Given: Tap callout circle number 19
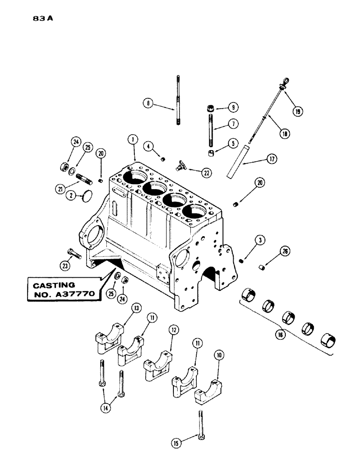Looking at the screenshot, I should point(297,111).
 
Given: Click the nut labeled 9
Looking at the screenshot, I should point(208,108).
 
